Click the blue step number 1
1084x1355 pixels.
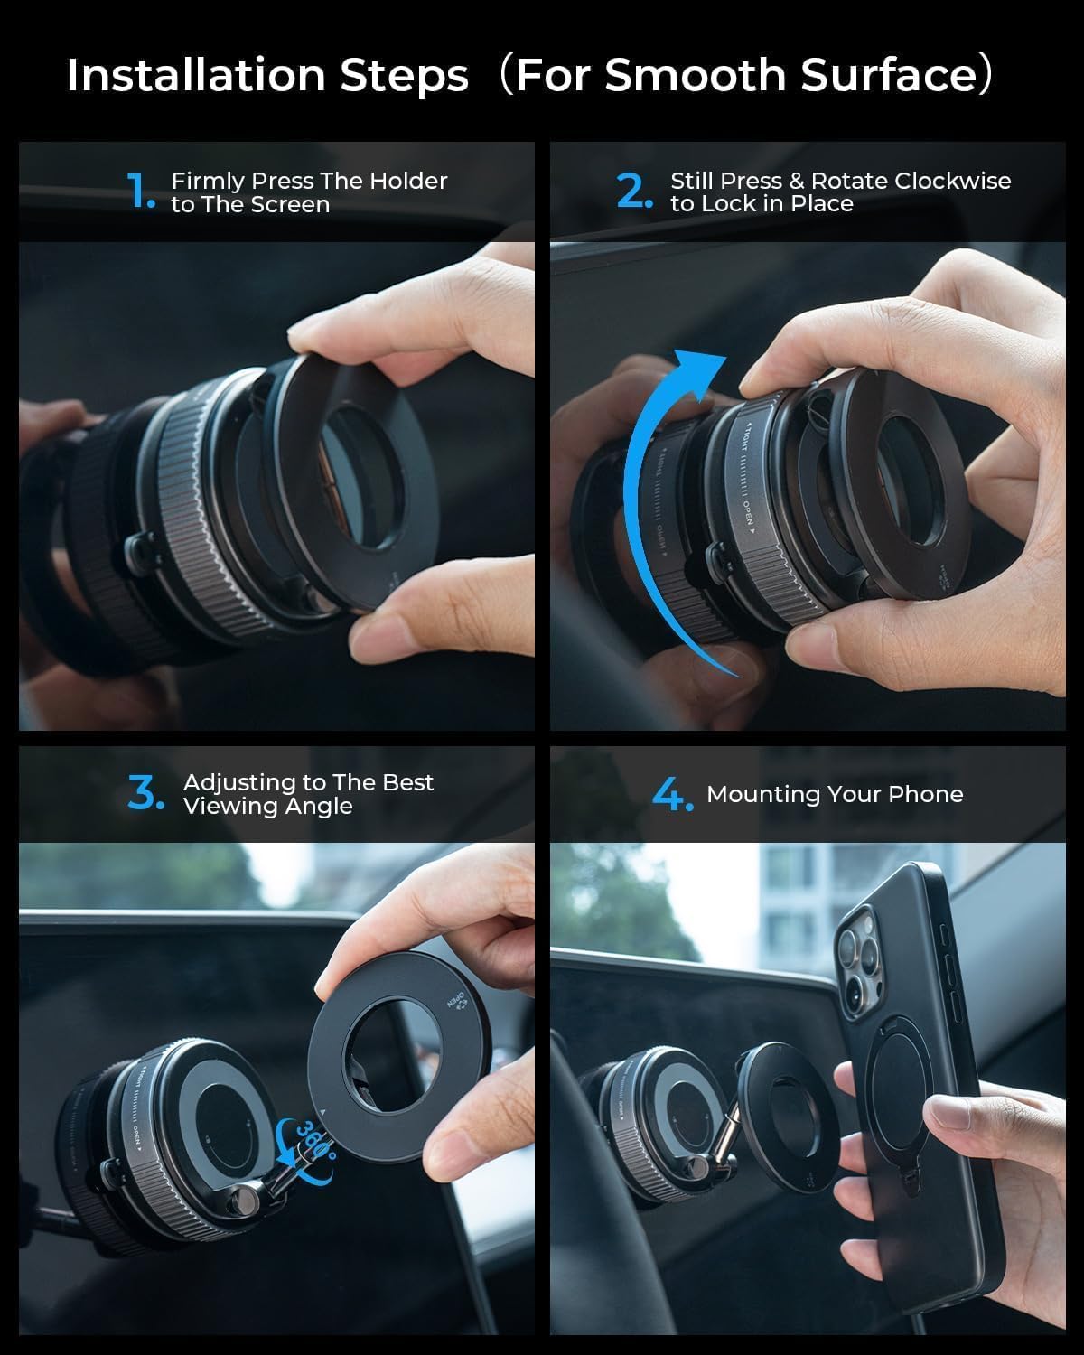(141, 192)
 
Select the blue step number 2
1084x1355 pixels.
(634, 192)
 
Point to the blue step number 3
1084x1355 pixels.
(146, 793)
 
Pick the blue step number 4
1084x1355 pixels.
(672, 794)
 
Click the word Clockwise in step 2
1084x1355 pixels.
(952, 181)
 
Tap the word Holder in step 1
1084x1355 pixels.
(408, 181)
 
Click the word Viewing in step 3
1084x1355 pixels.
(223, 806)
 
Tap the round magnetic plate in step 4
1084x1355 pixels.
(777, 1111)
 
